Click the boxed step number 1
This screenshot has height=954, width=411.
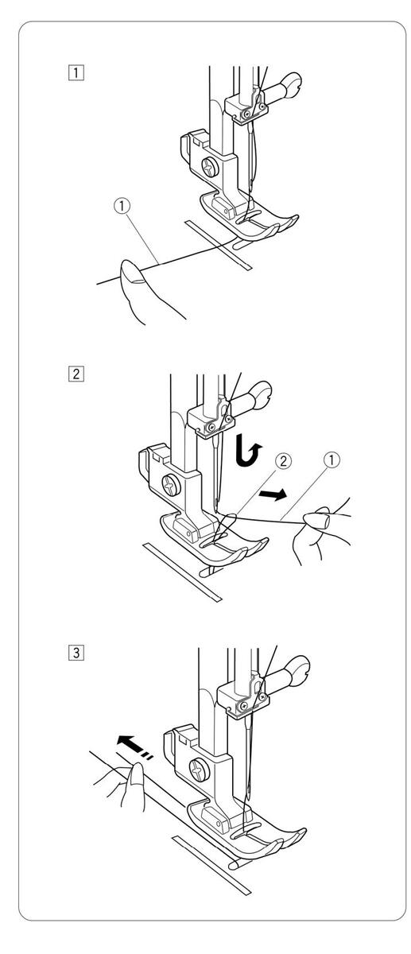[x=76, y=72]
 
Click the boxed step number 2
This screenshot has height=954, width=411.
[x=76, y=374]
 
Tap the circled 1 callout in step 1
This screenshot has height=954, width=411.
[x=122, y=206]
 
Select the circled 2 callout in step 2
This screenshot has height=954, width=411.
[x=284, y=460]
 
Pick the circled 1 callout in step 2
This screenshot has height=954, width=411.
[x=332, y=460]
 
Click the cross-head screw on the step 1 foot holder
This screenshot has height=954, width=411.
[x=211, y=166]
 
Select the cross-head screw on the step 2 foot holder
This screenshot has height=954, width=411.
[x=170, y=484]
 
